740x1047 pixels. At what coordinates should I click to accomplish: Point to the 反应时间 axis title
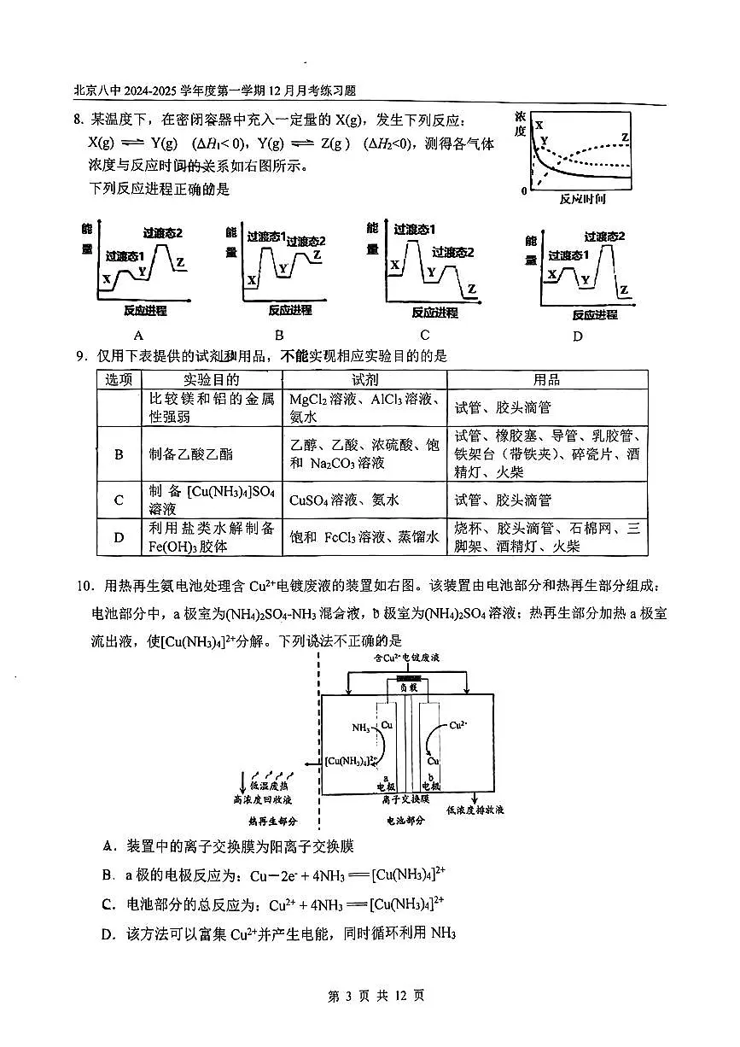582,199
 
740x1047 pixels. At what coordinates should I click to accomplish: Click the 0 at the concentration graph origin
524,190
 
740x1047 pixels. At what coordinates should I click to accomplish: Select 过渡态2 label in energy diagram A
163,233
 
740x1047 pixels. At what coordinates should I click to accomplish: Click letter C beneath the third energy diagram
424,335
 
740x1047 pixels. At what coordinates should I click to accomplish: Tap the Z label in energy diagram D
624,290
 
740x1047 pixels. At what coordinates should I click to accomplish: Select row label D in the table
119,537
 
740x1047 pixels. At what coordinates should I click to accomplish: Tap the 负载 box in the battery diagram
405,685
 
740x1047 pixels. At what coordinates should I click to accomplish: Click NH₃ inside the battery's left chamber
361,728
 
